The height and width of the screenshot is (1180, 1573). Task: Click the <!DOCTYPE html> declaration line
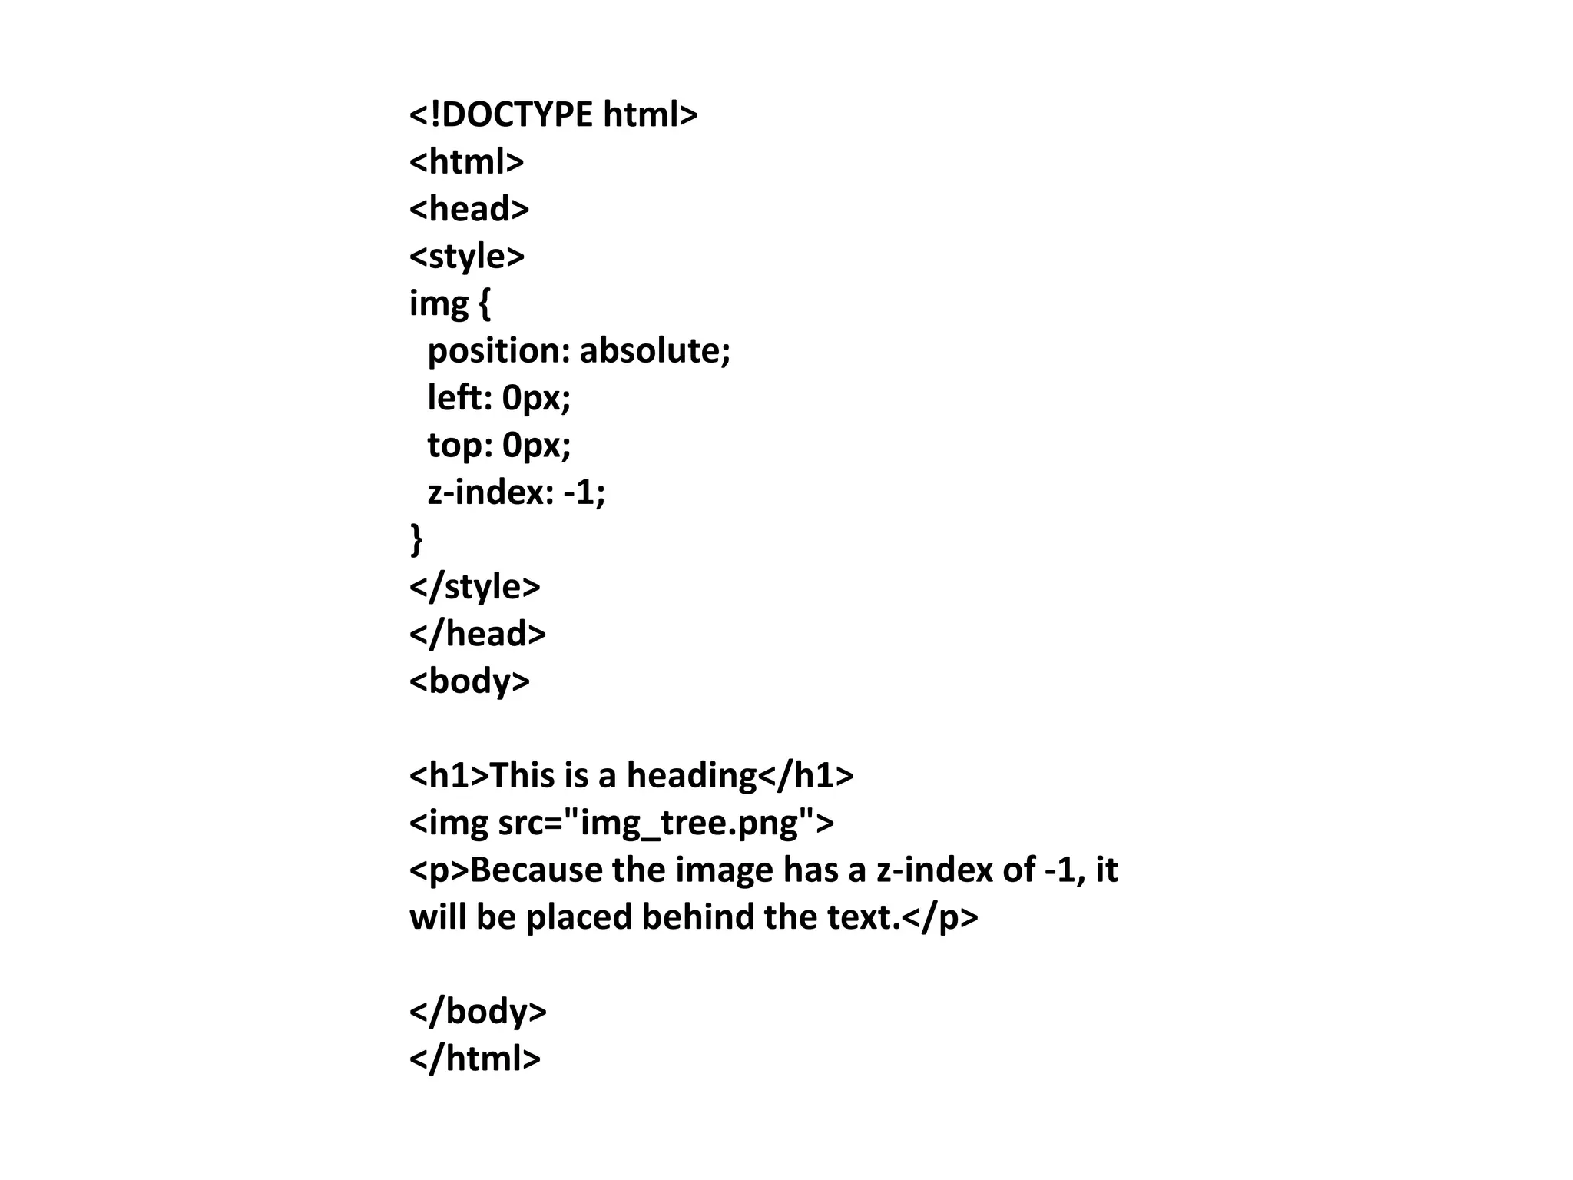[x=553, y=115]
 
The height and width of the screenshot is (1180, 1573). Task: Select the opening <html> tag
[x=466, y=162]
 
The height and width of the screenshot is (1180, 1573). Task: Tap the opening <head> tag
[x=469, y=209]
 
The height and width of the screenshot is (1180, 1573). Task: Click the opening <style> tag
[x=466, y=257]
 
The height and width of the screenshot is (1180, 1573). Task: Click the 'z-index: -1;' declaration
[x=516, y=492]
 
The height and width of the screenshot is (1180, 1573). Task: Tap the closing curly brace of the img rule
[x=416, y=539]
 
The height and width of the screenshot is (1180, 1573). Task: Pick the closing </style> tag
[x=475, y=587]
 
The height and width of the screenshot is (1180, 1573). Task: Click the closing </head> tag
[x=477, y=635]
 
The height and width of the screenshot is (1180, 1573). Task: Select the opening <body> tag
[x=469, y=681]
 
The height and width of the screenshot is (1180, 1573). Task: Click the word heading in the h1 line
[x=691, y=776]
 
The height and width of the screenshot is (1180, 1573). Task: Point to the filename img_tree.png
[x=689, y=823]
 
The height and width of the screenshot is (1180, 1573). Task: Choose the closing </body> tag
[x=478, y=1012]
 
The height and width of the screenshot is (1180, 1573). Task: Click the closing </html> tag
[x=475, y=1059]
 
